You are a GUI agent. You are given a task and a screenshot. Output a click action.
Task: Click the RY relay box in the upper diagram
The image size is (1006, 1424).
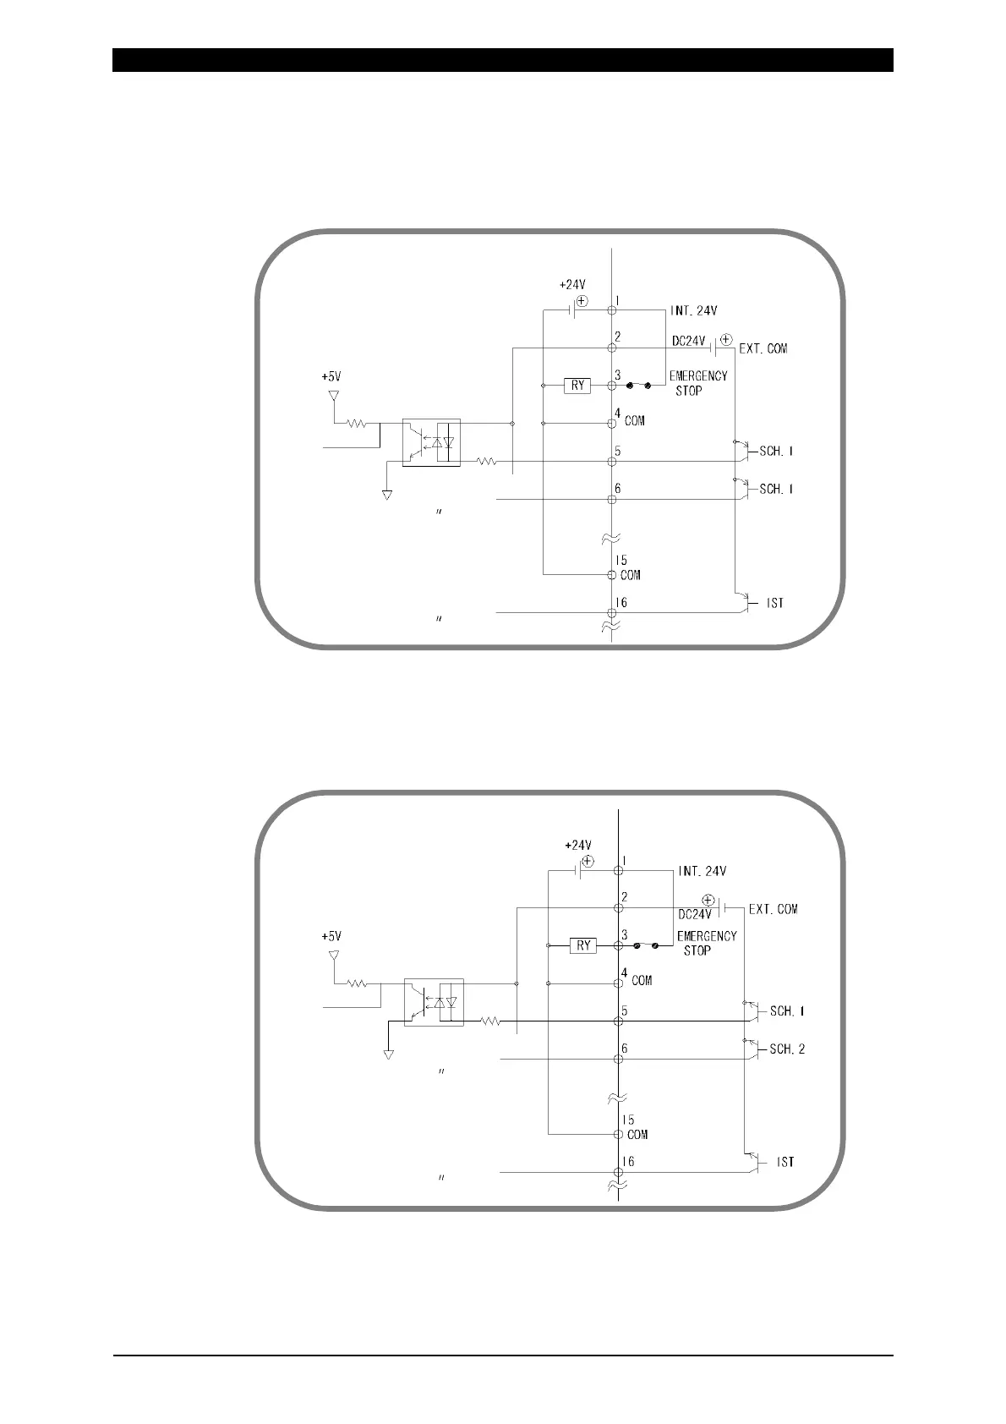[x=578, y=386]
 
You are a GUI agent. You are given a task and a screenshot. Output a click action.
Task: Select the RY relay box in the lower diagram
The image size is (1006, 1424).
[x=583, y=945]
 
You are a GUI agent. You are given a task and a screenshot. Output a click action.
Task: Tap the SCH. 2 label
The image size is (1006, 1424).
[x=787, y=1049]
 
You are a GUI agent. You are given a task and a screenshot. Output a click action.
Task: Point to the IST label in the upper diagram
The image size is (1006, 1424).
[x=775, y=604]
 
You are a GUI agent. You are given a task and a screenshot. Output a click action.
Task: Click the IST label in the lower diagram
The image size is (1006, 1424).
[x=785, y=1163]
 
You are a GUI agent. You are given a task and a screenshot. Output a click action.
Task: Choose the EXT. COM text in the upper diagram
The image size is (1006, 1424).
[x=763, y=348]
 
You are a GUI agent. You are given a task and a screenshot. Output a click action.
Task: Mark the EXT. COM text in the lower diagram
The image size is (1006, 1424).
[x=774, y=910]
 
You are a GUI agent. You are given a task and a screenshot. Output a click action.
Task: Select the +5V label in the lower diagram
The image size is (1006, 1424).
[x=331, y=936]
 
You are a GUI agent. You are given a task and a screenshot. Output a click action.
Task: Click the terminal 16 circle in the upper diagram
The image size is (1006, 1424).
[x=611, y=612]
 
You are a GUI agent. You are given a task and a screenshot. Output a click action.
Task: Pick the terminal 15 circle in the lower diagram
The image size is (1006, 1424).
[x=619, y=1134]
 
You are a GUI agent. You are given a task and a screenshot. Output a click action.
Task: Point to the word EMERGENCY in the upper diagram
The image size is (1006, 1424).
[x=698, y=376]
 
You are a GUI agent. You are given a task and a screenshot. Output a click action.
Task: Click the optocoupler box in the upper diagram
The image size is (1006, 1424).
[x=431, y=442]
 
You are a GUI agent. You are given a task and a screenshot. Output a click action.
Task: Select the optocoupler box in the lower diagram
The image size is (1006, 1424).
[x=435, y=1002]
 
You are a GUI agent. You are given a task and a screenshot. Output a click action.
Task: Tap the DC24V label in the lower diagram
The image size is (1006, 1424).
[x=696, y=914]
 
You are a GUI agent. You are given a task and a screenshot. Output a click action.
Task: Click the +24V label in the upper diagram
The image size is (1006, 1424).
[x=572, y=286]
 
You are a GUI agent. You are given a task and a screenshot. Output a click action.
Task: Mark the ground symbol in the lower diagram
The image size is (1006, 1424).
[x=388, y=1054]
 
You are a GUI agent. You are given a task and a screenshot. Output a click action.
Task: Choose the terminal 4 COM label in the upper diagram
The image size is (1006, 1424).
[x=634, y=420]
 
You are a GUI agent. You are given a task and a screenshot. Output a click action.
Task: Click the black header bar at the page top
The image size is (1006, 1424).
[x=503, y=60]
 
